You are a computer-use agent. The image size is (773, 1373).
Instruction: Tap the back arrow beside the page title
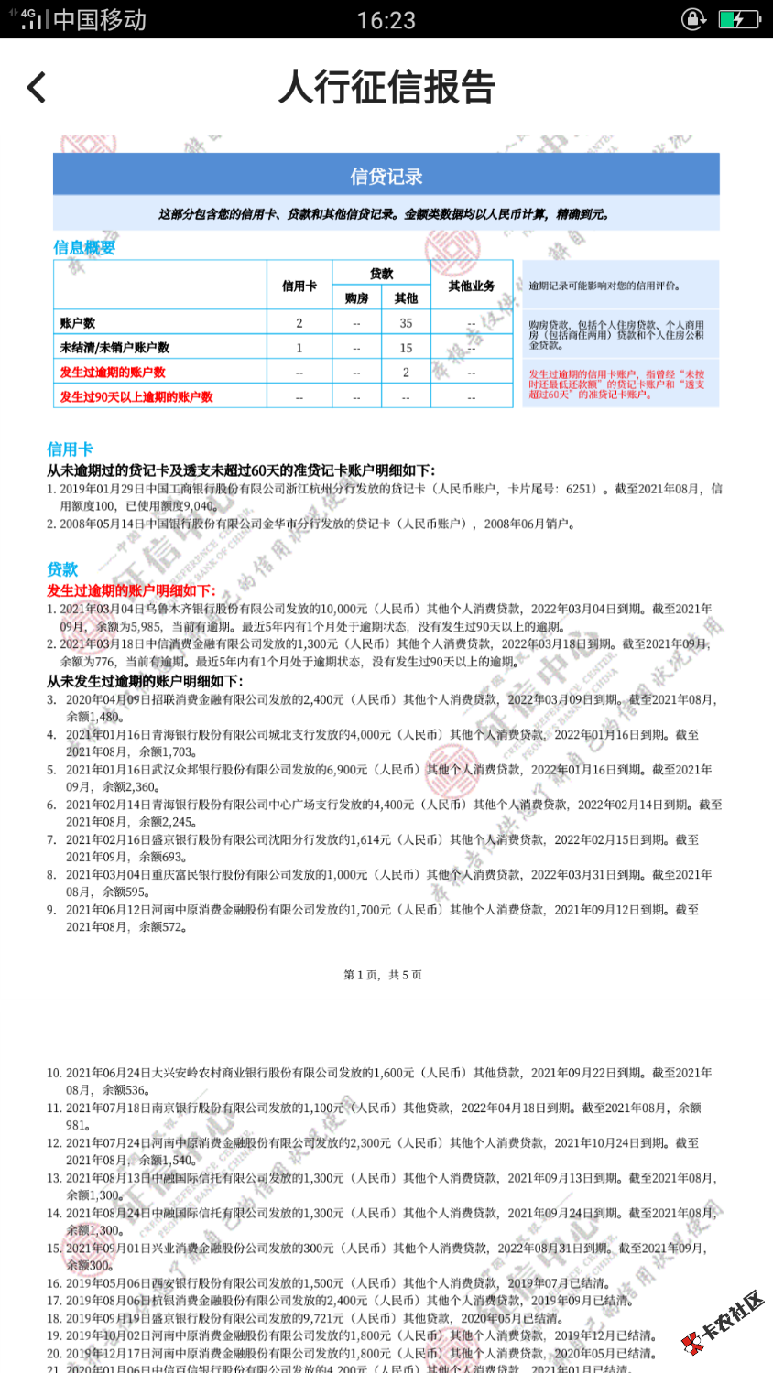tap(37, 88)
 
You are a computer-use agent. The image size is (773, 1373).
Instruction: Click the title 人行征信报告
tap(386, 88)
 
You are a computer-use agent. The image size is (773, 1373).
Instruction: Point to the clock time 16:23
tap(386, 20)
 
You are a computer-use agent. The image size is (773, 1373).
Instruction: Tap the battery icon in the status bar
tap(738, 19)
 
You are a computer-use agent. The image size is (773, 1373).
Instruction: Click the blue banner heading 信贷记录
tap(386, 176)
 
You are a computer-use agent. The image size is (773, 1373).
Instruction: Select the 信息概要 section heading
tap(84, 247)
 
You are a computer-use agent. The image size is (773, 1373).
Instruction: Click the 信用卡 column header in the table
tap(299, 286)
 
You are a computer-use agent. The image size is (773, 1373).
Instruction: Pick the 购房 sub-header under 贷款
tap(356, 298)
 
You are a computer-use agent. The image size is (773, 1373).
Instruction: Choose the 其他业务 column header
tap(472, 286)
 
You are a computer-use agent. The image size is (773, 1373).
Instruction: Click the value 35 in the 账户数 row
tap(406, 323)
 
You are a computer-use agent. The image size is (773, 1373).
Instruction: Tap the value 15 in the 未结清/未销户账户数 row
tap(406, 348)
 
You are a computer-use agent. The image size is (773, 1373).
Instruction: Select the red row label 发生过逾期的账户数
tap(113, 373)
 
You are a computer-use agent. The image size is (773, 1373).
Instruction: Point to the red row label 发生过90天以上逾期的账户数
tap(136, 397)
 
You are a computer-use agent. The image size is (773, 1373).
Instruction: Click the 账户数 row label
tap(78, 323)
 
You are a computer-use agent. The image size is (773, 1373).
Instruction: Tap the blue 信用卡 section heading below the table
tap(70, 449)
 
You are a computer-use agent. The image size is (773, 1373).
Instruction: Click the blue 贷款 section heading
tap(62, 569)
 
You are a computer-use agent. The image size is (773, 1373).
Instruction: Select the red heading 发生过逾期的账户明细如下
tap(131, 590)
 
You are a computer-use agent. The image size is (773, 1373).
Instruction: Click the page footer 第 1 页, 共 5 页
tap(383, 975)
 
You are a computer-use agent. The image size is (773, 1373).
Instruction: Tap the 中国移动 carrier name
tap(100, 20)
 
